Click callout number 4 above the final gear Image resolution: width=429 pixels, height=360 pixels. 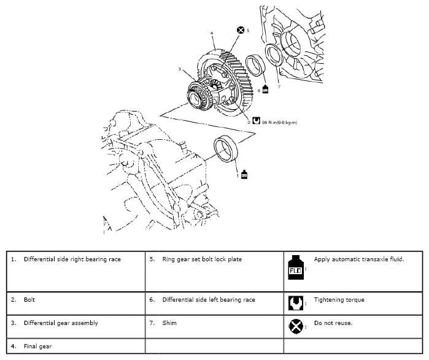(211, 33)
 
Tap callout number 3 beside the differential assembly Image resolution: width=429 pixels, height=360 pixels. (180, 71)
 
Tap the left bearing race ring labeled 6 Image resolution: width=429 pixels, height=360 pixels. (253, 66)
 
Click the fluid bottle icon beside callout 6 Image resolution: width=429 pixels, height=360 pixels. (265, 89)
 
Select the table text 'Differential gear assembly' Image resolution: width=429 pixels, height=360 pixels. (61, 323)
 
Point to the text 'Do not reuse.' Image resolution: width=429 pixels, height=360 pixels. (333, 323)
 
